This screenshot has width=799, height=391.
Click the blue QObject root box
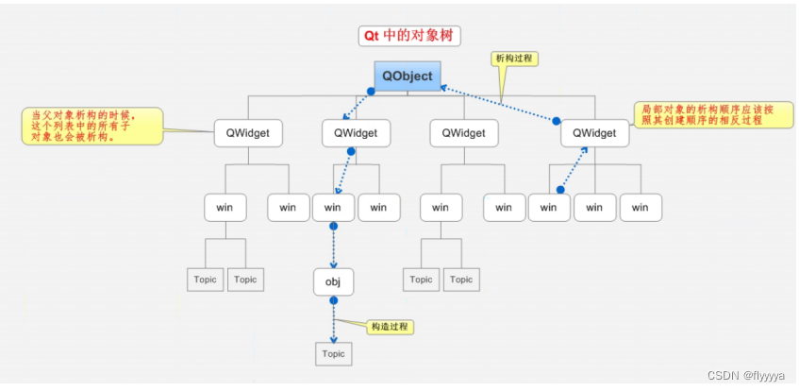tap(408, 75)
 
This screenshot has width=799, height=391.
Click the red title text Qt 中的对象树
tap(408, 36)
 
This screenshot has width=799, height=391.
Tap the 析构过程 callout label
tap(515, 59)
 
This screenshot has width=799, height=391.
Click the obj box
tap(333, 281)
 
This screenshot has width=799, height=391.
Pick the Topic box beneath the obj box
tap(333, 354)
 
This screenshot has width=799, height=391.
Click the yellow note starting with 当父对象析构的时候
tap(91, 125)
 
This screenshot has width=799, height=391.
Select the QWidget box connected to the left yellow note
tap(248, 133)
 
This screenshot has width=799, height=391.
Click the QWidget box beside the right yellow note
tap(594, 133)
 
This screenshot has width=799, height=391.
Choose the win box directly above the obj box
tap(332, 207)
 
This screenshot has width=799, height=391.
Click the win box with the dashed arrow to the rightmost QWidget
tap(549, 207)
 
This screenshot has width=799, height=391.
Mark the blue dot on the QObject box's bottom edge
tap(372, 92)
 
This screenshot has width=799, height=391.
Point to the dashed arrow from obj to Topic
tap(332, 321)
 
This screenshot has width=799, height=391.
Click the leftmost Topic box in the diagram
tap(205, 280)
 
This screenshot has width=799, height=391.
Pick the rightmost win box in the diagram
tap(641, 207)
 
